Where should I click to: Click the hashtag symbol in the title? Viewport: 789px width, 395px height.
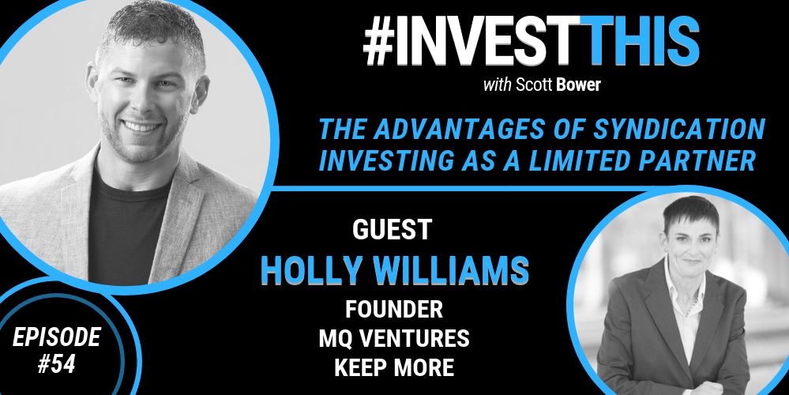tap(379, 41)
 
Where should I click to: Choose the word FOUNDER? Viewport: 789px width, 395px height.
tap(393, 310)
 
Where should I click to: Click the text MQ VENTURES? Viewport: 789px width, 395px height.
tap(394, 339)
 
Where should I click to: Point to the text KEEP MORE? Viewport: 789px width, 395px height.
tap(394, 368)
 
